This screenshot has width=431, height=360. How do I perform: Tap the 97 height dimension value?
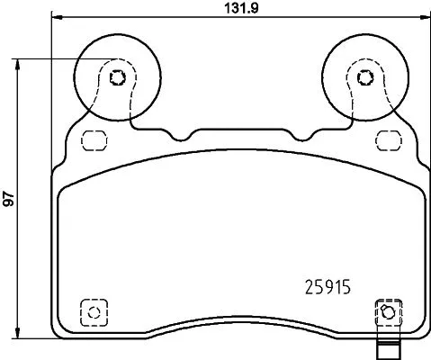point(9,200)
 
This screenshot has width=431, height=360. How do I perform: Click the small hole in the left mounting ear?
point(116,76)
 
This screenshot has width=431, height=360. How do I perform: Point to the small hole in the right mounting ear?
point(364,76)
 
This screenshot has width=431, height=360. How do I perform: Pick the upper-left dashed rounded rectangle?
point(93,140)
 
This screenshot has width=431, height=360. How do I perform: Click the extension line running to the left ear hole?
point(63,58)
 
